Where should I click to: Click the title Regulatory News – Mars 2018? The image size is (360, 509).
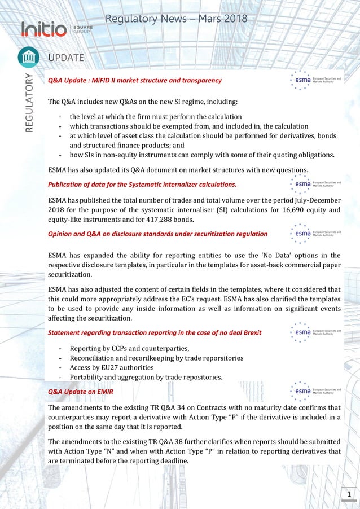(176, 19)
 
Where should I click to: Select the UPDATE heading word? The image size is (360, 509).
(66, 58)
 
